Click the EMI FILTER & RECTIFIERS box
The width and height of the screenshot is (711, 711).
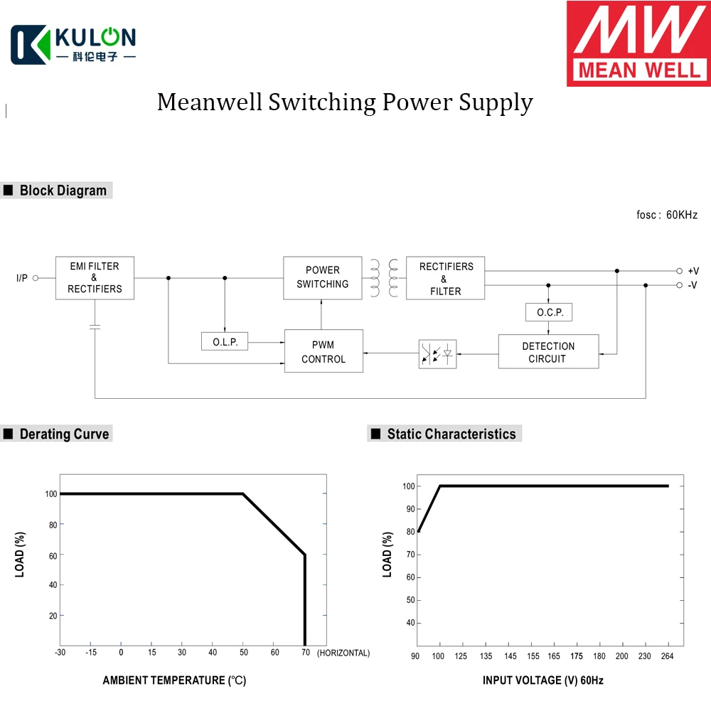tap(95, 278)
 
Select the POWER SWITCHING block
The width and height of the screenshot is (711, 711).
tap(322, 277)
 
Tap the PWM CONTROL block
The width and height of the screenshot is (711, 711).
tap(324, 351)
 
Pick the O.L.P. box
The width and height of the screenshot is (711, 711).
tap(225, 342)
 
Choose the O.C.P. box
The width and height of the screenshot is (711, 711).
tap(548, 312)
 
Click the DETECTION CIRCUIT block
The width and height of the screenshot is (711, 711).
tap(548, 352)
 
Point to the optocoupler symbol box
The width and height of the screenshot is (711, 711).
tap(437, 354)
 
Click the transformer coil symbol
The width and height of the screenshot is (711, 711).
tap(384, 277)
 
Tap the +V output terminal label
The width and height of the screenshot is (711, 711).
tap(693, 271)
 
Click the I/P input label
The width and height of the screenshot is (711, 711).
tap(22, 278)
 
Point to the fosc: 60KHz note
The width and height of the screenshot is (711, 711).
tap(667, 215)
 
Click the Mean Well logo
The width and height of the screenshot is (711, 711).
tap(638, 44)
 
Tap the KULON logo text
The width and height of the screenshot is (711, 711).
tap(95, 37)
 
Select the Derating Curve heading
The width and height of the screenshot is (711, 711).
tap(64, 434)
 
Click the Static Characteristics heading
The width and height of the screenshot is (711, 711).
tap(451, 434)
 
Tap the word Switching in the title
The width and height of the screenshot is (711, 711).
tap(322, 102)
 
